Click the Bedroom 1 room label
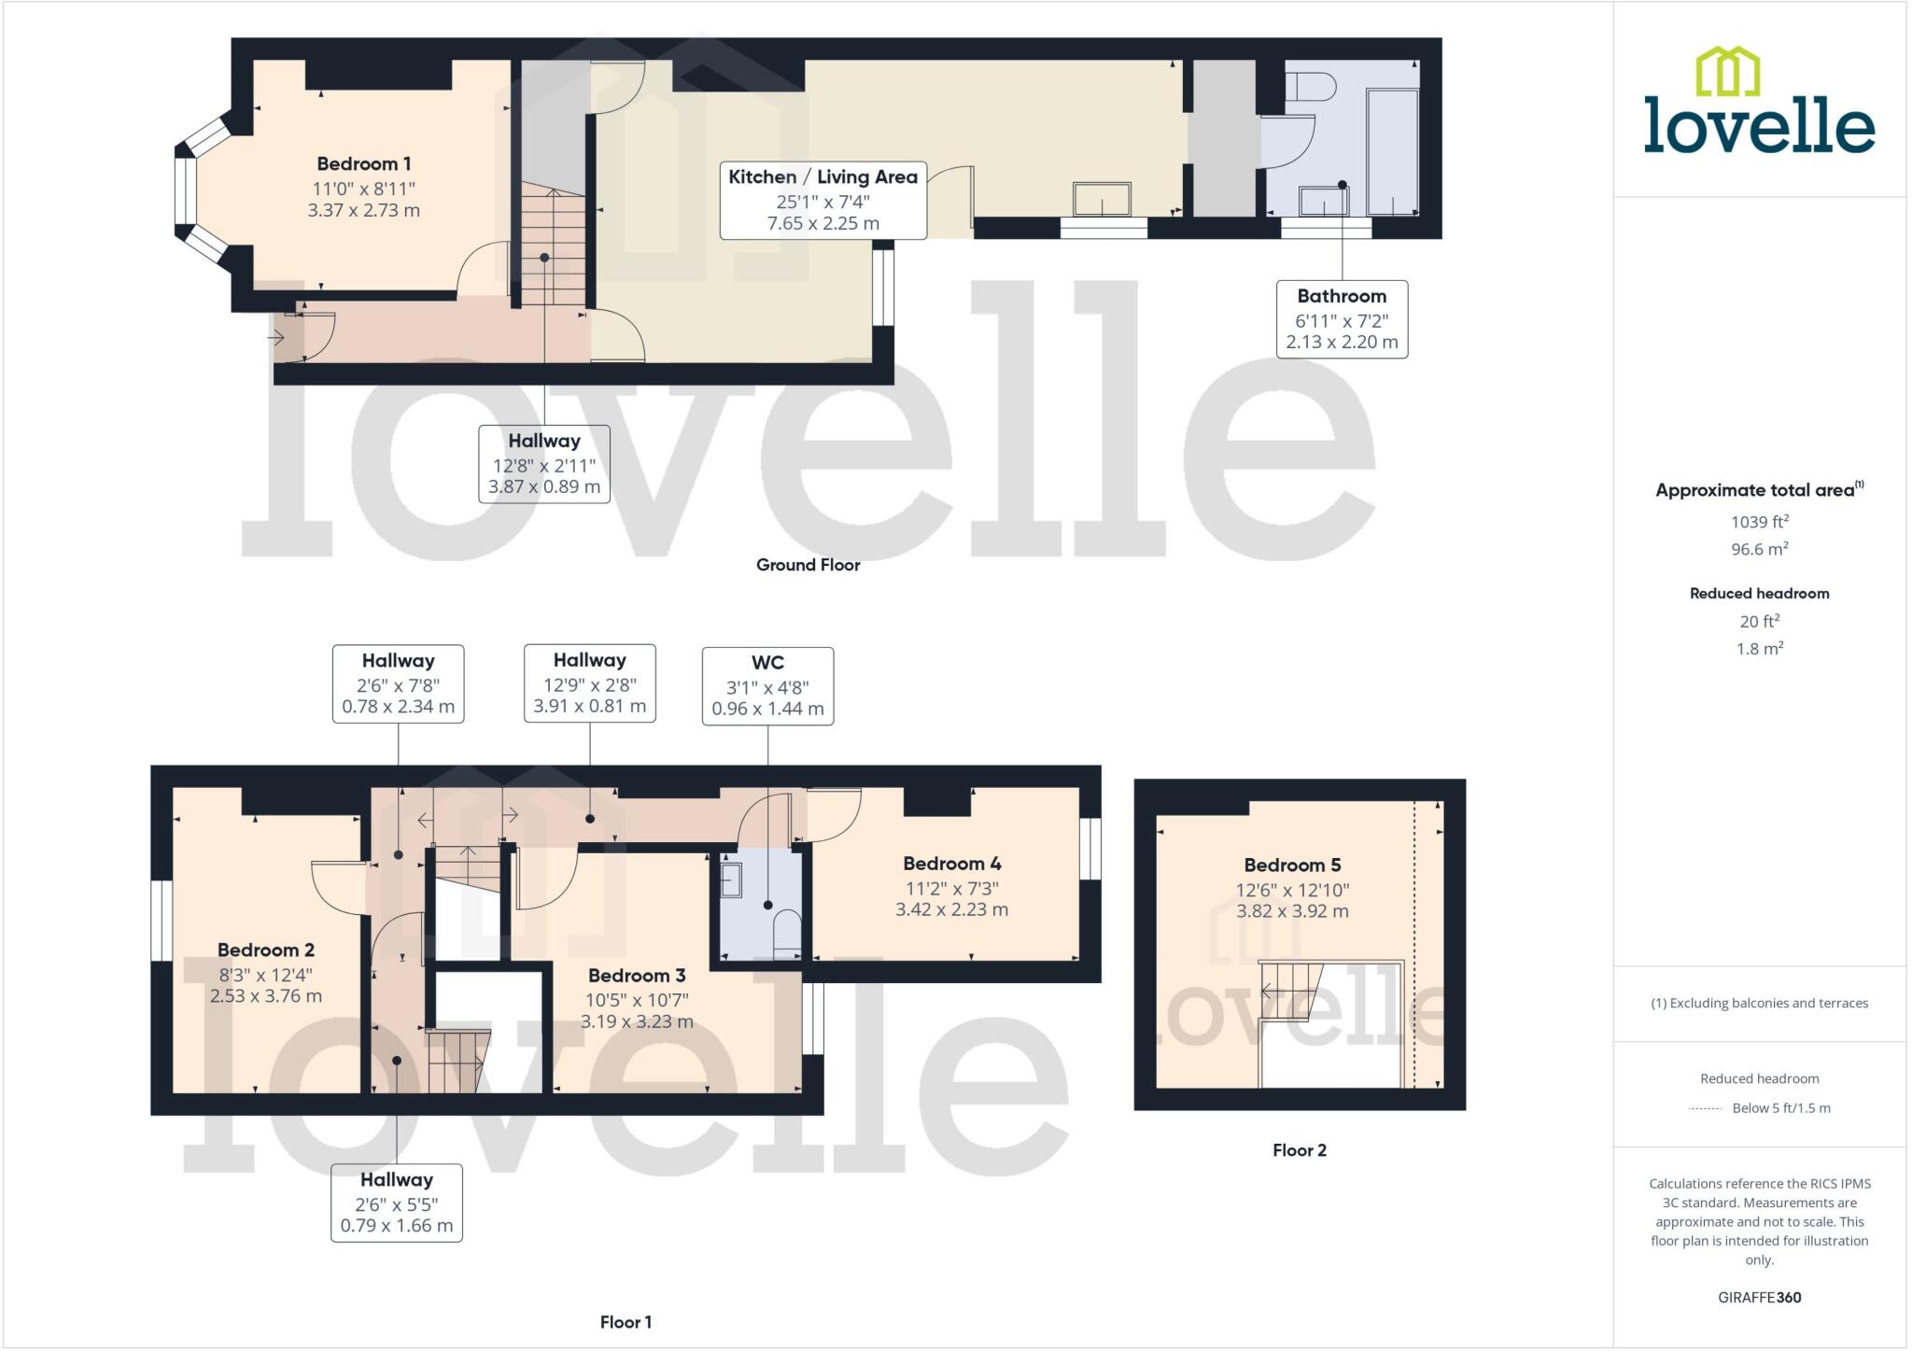tap(363, 164)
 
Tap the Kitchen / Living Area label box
tap(822, 200)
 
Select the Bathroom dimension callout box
tap(1342, 319)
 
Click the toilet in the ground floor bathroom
tap(1311, 87)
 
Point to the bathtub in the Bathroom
tap(1392, 152)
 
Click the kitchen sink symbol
tap(1102, 199)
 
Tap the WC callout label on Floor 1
tap(767, 685)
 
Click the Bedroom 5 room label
tap(1292, 865)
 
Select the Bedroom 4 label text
tap(951, 864)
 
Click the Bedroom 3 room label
tap(637, 976)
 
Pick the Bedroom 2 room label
tap(265, 950)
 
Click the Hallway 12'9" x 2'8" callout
tap(589, 683)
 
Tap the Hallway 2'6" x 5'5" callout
tap(397, 1203)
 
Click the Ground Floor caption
tap(808, 565)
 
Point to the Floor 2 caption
tap(1299, 1150)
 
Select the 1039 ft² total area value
tap(1759, 522)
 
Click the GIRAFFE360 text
tap(1759, 1297)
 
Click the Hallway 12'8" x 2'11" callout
tap(544, 464)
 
